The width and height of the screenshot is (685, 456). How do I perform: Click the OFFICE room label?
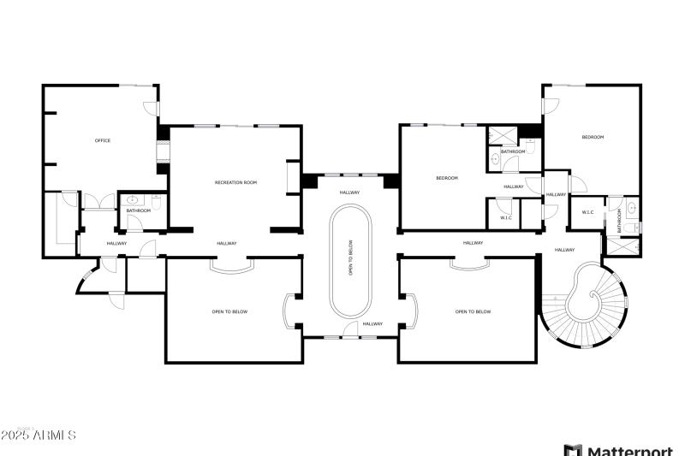tap(102, 140)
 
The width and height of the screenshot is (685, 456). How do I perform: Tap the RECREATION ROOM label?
tap(235, 182)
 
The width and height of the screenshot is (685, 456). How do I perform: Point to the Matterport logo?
tap(618, 448)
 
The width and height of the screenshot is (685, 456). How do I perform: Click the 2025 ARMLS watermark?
tap(39, 435)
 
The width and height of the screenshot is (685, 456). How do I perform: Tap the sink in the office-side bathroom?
tap(132, 200)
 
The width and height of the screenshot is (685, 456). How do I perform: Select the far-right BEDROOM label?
tap(593, 137)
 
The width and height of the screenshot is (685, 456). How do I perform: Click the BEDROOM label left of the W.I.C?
tap(447, 178)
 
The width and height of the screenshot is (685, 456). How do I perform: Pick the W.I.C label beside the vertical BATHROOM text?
tap(588, 212)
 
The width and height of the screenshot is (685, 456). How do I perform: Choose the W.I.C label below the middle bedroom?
tap(506, 217)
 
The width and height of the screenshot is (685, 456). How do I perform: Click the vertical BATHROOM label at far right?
tap(619, 221)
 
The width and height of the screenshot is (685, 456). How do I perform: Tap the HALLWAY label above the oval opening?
tap(350, 192)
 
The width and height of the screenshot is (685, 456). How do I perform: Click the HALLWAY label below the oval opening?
tap(372, 323)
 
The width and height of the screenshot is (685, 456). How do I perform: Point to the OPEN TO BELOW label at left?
tap(229, 311)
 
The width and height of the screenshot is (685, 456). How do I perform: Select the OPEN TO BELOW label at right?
tap(473, 311)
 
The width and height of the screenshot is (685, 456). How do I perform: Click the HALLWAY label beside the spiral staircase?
tap(564, 250)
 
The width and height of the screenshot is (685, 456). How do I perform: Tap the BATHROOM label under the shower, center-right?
tap(513, 151)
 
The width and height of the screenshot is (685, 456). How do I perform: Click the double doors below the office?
tap(99, 202)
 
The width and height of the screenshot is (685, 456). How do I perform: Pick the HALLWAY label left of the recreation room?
tap(116, 244)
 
